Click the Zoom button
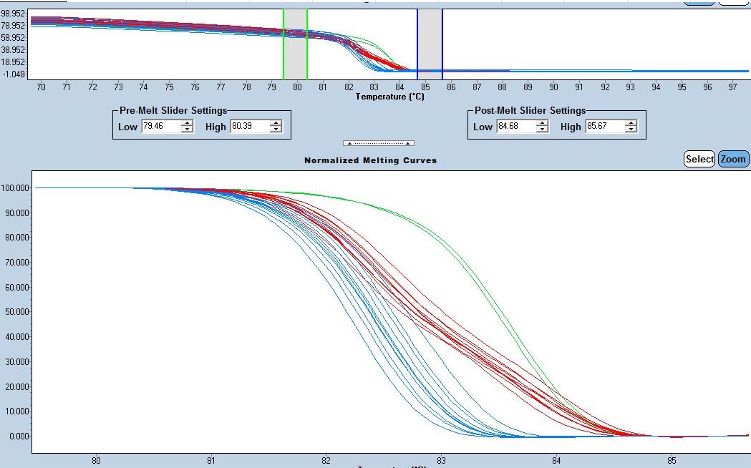(x=733, y=159)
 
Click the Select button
(x=699, y=159)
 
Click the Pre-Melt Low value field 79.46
(x=160, y=127)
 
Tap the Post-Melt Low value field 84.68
(x=515, y=127)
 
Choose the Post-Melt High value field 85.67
(x=604, y=127)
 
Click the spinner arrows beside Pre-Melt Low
(x=188, y=127)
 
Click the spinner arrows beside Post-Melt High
(x=631, y=127)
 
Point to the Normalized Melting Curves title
(x=370, y=160)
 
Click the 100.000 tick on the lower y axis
(x=15, y=188)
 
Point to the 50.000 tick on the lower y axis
(x=16, y=312)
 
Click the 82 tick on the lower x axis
(x=326, y=461)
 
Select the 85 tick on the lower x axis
(x=672, y=461)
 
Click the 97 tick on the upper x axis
(x=732, y=87)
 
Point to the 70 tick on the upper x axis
(x=41, y=87)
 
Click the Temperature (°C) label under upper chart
(x=389, y=97)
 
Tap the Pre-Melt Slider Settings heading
(x=173, y=111)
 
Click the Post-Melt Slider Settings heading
(x=530, y=111)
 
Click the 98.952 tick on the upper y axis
(x=14, y=13)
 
